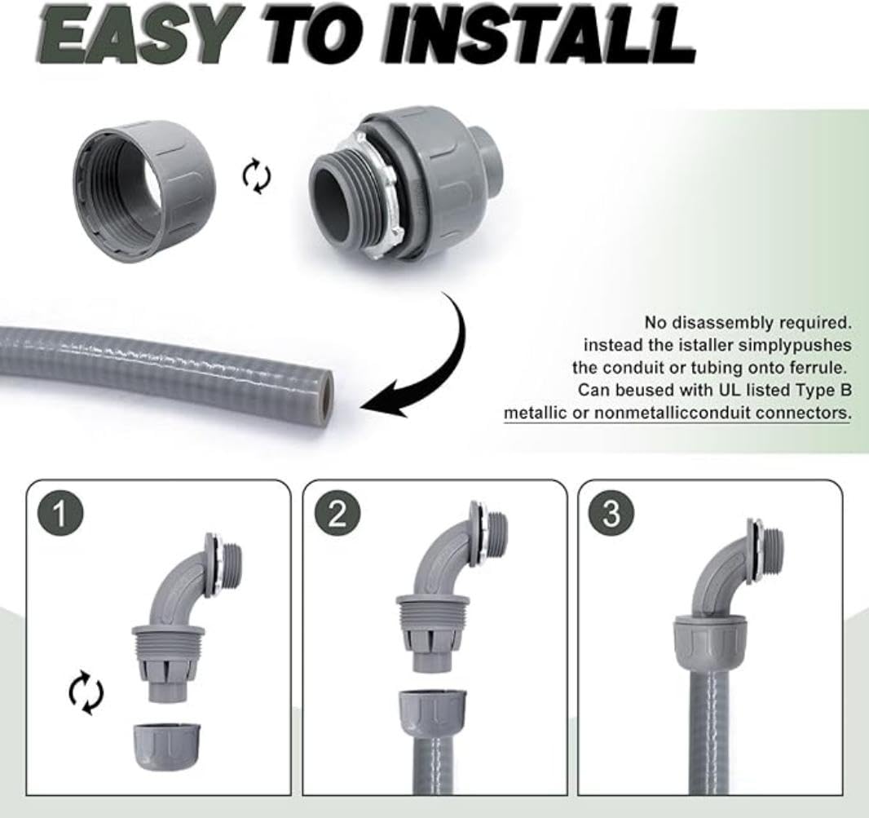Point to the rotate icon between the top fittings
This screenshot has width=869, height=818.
[x=258, y=176]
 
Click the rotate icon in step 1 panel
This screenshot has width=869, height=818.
[x=86, y=694]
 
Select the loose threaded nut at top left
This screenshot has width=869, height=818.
[x=144, y=191]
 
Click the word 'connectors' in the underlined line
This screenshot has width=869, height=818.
[x=802, y=413]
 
